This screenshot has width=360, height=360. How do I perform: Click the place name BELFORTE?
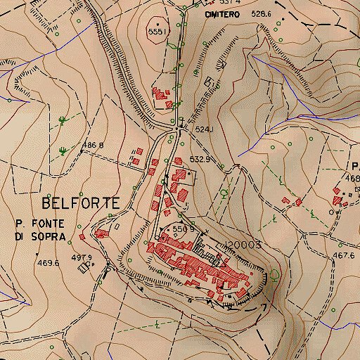click(x=80, y=203)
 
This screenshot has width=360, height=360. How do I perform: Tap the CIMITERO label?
click(x=218, y=14)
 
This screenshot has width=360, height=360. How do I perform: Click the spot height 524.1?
click(x=203, y=129)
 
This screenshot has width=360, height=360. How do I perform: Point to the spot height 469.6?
click(x=48, y=263)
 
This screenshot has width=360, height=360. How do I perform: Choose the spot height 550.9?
click(x=182, y=229)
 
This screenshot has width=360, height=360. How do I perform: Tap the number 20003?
click(x=244, y=245)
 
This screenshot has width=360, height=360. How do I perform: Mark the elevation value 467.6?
click(x=344, y=256)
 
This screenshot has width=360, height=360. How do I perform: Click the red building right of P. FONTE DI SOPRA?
click(x=102, y=233)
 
